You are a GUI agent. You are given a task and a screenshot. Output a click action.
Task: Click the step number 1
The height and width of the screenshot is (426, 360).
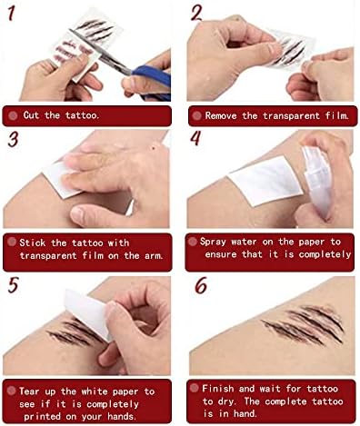[x=11, y=14]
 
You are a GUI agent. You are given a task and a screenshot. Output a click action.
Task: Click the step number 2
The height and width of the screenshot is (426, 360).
[x=196, y=13]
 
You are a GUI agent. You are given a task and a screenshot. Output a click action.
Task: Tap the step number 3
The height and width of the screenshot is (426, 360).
[x=13, y=140]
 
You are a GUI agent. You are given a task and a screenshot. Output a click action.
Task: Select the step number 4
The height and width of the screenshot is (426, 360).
[x=195, y=138]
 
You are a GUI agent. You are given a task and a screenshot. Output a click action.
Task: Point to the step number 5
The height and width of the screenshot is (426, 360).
[x=13, y=285]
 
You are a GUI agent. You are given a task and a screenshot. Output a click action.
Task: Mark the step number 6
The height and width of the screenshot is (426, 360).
[x=201, y=285]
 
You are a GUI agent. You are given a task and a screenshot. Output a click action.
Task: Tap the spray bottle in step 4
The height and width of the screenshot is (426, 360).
[x=317, y=182]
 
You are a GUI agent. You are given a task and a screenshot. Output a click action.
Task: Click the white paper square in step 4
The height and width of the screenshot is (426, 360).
[x=265, y=181]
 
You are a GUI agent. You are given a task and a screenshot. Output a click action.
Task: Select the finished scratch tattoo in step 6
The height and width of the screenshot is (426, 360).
[x=303, y=325]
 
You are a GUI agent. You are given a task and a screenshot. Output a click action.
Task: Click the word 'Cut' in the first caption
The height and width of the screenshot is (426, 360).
[x=31, y=115]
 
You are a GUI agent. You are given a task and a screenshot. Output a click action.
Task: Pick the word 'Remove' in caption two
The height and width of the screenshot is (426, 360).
[x=221, y=115]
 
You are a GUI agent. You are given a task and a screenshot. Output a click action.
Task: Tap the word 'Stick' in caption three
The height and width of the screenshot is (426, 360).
[x=33, y=243]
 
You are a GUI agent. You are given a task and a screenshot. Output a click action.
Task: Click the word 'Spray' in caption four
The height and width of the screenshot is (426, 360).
[x=213, y=243]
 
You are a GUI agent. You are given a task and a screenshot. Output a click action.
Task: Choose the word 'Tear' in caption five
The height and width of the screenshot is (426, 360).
[x=29, y=391]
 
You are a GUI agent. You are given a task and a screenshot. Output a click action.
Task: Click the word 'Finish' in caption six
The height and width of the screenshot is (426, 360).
[x=218, y=389]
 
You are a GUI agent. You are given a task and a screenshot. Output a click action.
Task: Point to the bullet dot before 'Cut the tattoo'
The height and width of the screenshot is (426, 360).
[x=13, y=115]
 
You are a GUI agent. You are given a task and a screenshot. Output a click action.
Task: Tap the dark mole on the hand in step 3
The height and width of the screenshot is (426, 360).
[x=153, y=148]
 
